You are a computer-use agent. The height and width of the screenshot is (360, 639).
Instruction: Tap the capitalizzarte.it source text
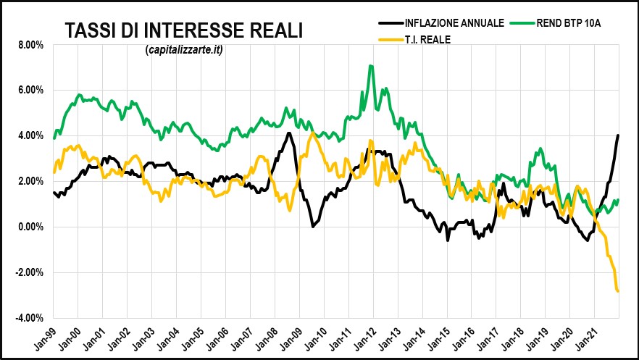pos(183,49)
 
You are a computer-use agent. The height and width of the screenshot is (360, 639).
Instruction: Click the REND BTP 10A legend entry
pos(568,23)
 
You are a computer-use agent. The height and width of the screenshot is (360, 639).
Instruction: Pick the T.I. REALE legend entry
pos(426,40)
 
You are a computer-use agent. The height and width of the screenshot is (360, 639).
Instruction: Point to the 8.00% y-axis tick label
pos(30,45)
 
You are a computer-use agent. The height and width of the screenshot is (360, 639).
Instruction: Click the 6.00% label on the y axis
pos(30,91)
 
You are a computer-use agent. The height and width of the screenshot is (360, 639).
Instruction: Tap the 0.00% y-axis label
pos(30,227)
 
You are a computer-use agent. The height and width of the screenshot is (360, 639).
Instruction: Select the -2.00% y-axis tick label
pos(28,273)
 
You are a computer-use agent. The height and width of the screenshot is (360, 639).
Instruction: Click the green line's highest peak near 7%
pos(371,66)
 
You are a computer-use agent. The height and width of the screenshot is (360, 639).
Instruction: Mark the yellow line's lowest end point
pos(618,291)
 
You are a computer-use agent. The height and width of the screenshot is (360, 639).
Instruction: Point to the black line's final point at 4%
pos(618,135)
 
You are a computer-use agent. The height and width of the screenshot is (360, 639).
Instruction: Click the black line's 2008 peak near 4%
pos(288,133)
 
